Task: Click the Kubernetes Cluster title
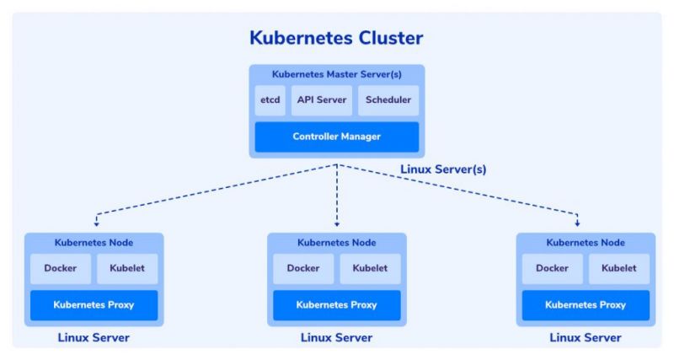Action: click(336, 38)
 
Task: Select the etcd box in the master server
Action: click(270, 100)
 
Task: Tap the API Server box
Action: click(322, 100)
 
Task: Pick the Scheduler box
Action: click(388, 100)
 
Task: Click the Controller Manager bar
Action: click(336, 137)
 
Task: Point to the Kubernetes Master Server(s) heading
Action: click(336, 74)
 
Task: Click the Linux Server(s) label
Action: click(443, 169)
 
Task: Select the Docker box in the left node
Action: click(60, 269)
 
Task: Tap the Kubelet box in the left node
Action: click(127, 269)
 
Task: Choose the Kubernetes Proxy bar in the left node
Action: click(94, 305)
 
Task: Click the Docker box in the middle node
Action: click(302, 269)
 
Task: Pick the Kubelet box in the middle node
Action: click(370, 269)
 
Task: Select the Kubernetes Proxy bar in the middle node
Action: click(336, 305)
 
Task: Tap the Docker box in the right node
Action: click(552, 269)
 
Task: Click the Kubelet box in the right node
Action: click(619, 269)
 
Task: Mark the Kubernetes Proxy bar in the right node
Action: click(586, 305)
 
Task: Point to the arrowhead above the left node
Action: click(96, 224)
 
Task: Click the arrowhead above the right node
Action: click(578, 224)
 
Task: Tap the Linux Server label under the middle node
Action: click(336, 338)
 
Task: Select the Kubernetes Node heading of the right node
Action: click(586, 243)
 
